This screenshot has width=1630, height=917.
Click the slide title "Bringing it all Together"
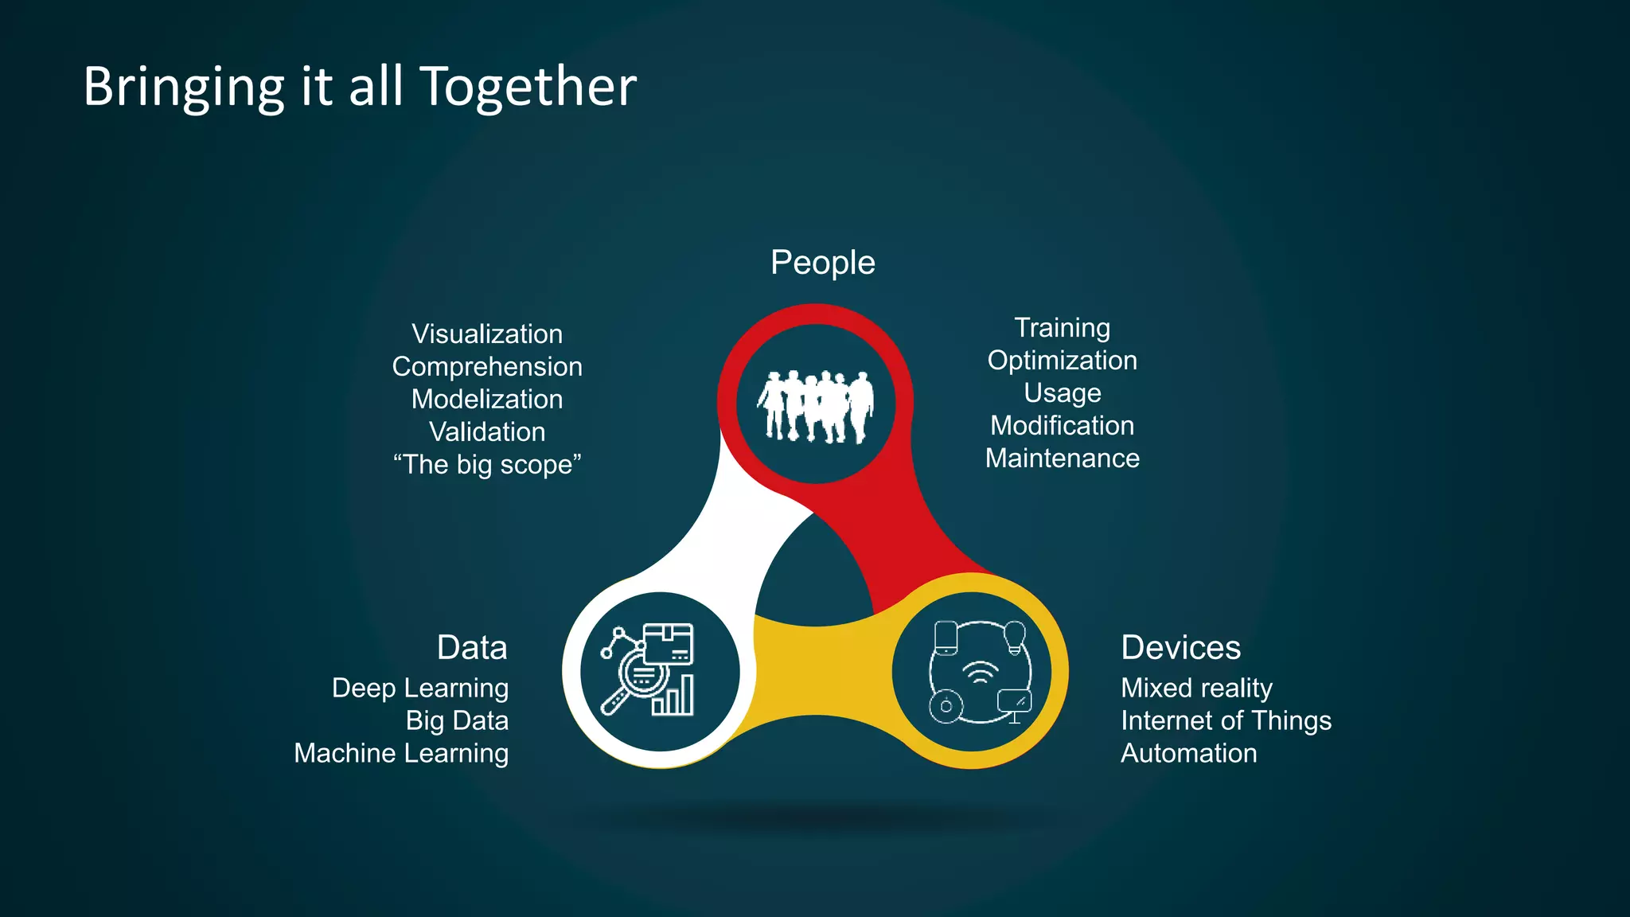(x=360, y=86)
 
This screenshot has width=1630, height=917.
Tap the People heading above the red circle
(x=822, y=263)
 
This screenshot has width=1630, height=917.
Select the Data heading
(x=472, y=647)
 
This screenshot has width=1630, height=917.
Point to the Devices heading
(x=1180, y=647)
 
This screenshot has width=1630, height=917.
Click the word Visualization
(x=487, y=334)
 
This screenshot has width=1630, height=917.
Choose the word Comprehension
(x=487, y=367)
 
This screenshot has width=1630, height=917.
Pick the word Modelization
(x=487, y=400)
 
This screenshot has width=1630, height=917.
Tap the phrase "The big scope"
(x=487, y=465)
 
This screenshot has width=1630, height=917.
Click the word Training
(x=1062, y=328)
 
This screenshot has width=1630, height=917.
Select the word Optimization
(x=1062, y=361)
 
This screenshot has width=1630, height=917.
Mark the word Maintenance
(x=1062, y=458)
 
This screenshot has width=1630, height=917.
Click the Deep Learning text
(x=420, y=689)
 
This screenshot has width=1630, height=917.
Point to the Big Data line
(x=457, y=721)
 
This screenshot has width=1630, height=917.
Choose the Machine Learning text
(x=401, y=754)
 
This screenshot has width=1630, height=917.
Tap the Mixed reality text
(x=1196, y=689)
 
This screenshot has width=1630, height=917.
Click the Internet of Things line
(x=1226, y=721)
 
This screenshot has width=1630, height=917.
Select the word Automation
(x=1189, y=754)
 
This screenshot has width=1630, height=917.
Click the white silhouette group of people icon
(x=816, y=406)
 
